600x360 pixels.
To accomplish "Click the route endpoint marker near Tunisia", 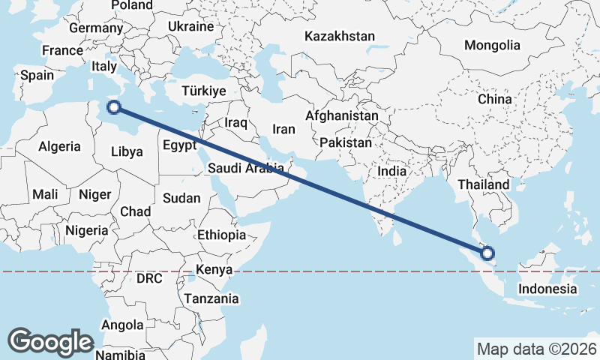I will click(114, 107).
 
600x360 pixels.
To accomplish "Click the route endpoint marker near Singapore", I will click(488, 253).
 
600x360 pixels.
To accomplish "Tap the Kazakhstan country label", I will click(340, 36).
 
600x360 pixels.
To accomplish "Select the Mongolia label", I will click(491, 45).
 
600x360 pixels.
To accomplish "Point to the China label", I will click(494, 99).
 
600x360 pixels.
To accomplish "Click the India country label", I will click(391, 171).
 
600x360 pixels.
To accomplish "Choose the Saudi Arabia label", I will click(246, 167).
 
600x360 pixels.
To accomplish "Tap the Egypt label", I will click(179, 145).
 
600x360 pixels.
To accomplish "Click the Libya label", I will click(127, 151).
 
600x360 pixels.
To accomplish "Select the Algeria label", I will click(59, 147).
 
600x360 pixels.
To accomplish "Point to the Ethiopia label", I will click(221, 235).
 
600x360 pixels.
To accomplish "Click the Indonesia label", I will click(547, 289).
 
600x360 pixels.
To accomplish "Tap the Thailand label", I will click(484, 184).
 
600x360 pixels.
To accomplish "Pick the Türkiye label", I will click(203, 91).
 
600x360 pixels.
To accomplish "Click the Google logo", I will click(50, 342).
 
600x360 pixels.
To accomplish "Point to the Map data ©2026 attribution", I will click(537, 349).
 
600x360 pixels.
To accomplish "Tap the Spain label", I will click(37, 75).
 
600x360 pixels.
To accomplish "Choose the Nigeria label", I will click(87, 230).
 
